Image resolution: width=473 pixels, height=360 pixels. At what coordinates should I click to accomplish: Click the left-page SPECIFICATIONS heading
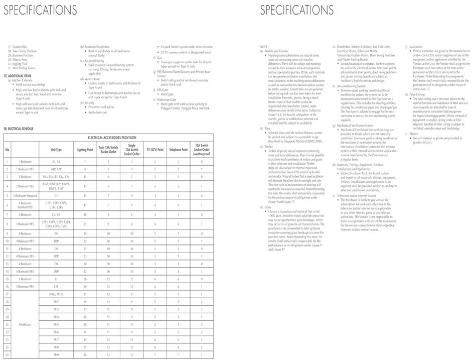(41, 10)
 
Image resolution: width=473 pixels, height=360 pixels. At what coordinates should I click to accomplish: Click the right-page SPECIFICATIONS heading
(296, 10)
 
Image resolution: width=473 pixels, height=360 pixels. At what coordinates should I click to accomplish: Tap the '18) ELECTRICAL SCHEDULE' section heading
(19, 129)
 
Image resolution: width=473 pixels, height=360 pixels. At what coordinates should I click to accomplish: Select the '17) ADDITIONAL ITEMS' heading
(18, 75)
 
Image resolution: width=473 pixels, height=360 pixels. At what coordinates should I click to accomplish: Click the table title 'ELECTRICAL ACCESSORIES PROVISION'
(112, 138)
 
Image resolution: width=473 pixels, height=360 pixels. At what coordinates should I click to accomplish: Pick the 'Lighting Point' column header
(85, 150)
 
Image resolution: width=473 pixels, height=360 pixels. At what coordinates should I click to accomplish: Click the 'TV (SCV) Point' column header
(155, 150)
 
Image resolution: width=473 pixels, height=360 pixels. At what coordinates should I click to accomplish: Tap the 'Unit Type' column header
(56, 150)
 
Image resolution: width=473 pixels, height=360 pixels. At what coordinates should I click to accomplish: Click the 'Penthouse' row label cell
(25, 324)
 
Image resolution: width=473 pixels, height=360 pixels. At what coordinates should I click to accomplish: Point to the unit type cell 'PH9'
(56, 355)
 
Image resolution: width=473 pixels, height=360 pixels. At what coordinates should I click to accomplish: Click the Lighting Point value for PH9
(85, 355)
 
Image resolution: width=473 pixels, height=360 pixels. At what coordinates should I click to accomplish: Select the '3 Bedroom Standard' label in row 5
(25, 195)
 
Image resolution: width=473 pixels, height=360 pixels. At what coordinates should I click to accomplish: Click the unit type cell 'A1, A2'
(56, 162)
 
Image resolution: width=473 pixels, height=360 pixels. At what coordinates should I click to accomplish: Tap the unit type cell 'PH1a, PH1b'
(56, 294)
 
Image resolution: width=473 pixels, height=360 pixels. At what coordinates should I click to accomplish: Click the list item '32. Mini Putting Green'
(21, 68)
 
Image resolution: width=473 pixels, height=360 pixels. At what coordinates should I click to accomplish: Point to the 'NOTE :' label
(264, 46)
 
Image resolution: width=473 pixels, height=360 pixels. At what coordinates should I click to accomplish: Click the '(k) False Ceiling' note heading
(416, 94)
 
